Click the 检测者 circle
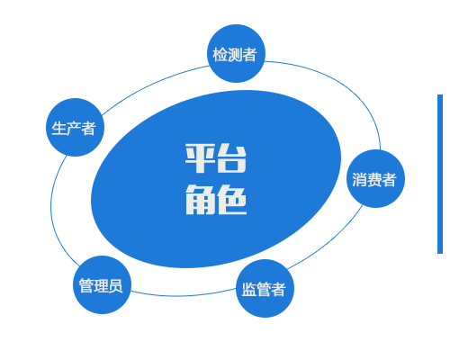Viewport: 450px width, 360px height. [237, 53]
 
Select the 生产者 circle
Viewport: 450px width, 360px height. [75, 127]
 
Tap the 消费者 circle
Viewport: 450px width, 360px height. [375, 178]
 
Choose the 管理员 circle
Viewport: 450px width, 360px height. [102, 284]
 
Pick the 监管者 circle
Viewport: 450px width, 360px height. [265, 288]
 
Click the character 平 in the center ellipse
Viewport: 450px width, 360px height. [200, 158]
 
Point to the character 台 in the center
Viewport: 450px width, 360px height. [231, 158]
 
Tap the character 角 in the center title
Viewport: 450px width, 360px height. [200, 200]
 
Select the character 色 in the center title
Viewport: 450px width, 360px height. [231, 200]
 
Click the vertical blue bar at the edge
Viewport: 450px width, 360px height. [440, 174]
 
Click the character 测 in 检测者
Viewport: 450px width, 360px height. [235, 55]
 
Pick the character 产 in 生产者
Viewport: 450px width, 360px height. [74, 129]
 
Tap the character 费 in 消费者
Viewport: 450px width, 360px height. [373, 180]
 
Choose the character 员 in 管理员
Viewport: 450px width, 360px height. [115, 285]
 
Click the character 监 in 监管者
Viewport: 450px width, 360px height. [248, 290]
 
